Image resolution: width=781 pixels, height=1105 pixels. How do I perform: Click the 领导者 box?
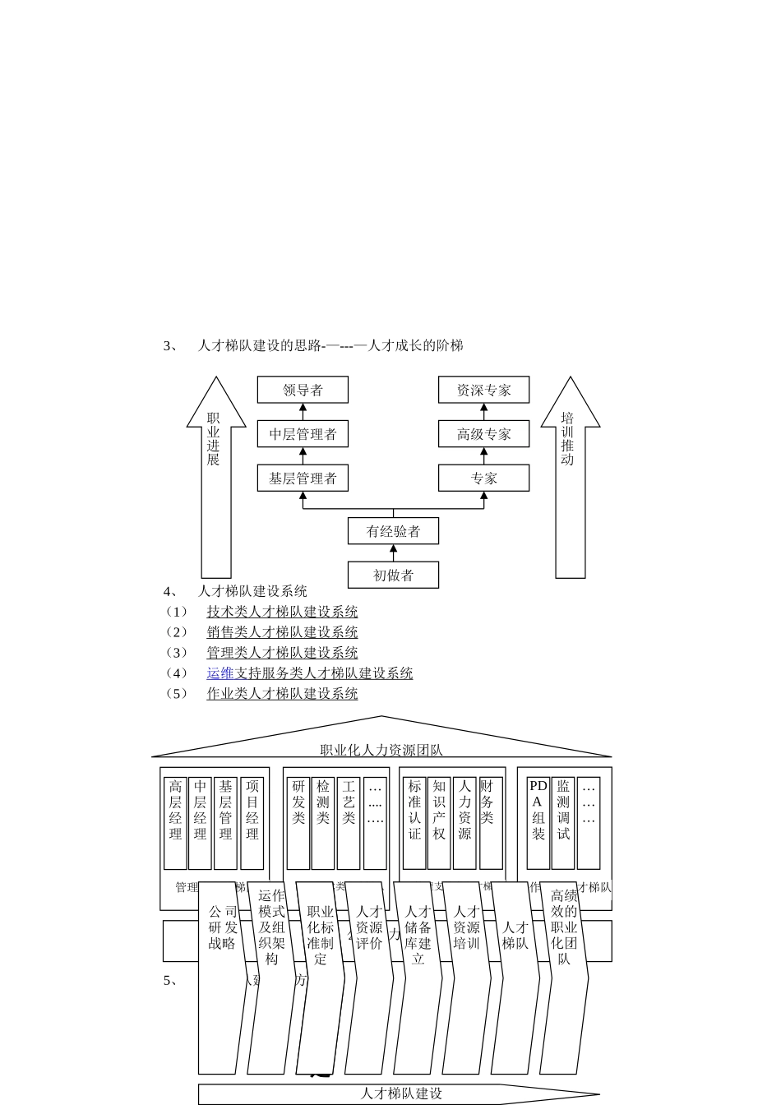pyautogui.click(x=303, y=390)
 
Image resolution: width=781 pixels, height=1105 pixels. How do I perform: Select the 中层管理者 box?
pyautogui.click(x=303, y=434)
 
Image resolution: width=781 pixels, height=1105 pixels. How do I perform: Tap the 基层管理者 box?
pyautogui.click(x=303, y=479)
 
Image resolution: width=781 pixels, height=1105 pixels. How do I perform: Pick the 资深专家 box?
pyautogui.click(x=483, y=390)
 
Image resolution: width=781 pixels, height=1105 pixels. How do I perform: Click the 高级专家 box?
pyautogui.click(x=483, y=434)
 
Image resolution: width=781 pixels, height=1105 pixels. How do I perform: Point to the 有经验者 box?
pyautogui.click(x=393, y=531)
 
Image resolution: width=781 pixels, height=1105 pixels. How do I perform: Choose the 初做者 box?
pyautogui.click(x=393, y=576)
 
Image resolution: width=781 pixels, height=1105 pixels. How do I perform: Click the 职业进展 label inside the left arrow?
pyautogui.click(x=214, y=439)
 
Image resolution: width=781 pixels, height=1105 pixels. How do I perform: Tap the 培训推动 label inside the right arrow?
pyautogui.click(x=567, y=439)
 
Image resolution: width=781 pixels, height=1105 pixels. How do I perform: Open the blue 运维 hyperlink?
pyautogui.click(x=220, y=673)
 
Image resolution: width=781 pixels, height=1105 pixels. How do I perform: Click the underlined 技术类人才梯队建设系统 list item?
pyautogui.click(x=282, y=612)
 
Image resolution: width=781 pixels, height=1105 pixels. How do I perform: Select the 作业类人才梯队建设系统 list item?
pyautogui.click(x=282, y=694)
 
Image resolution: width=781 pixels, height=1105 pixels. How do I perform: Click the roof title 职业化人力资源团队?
pyautogui.click(x=381, y=750)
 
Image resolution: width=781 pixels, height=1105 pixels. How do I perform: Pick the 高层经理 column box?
pyautogui.click(x=175, y=822)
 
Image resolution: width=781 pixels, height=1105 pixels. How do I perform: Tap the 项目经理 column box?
pyautogui.click(x=252, y=822)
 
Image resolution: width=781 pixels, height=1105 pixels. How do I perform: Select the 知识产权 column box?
pyautogui.click(x=439, y=822)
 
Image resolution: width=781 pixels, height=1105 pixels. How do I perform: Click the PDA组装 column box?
pyautogui.click(x=538, y=822)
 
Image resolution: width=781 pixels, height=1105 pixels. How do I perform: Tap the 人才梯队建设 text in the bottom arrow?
pyautogui.click(x=401, y=1093)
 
